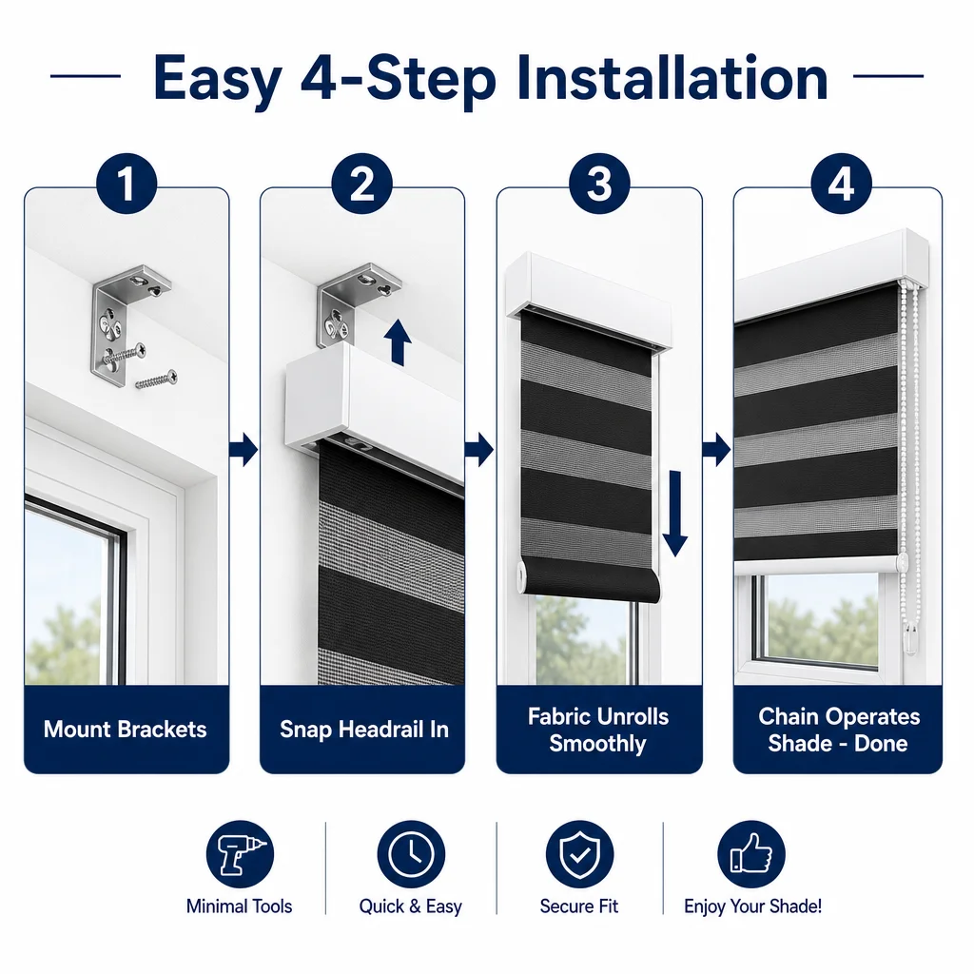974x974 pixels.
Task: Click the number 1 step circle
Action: tap(127, 184)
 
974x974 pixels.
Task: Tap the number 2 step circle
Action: tap(362, 184)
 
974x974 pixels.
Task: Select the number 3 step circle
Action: tap(599, 184)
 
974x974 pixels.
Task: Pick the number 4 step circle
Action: tap(841, 184)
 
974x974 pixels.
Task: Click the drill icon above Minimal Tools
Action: tap(240, 854)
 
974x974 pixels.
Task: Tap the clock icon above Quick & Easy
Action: tap(411, 854)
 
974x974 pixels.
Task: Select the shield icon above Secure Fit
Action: tap(579, 854)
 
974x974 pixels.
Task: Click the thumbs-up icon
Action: tap(751, 854)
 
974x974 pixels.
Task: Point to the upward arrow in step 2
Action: tap(398, 342)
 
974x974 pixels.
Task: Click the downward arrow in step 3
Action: tap(674, 514)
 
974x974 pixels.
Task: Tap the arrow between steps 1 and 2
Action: tap(243, 449)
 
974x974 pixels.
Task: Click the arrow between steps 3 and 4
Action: tap(717, 449)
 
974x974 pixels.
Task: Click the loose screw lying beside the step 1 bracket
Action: tap(157, 379)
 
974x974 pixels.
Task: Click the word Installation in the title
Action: tap(672, 78)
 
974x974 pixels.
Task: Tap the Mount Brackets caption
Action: tap(125, 730)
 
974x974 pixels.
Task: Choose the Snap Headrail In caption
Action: tap(364, 730)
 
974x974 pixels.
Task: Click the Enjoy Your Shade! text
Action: tap(753, 906)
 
